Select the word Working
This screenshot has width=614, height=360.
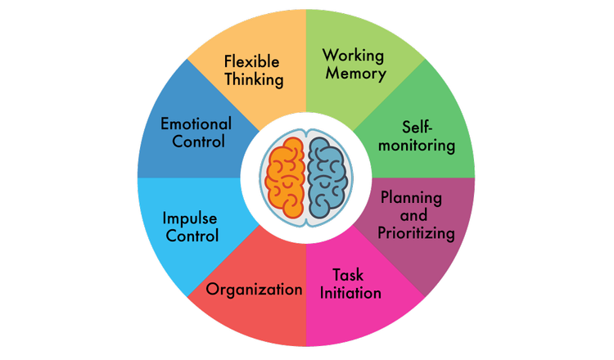pos(354,55)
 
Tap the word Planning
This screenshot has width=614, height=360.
pos(411,198)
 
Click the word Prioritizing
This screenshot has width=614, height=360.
pos(416,233)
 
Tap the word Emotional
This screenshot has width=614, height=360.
pos(196,124)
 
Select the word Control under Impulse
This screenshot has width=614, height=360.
pos(192,237)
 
